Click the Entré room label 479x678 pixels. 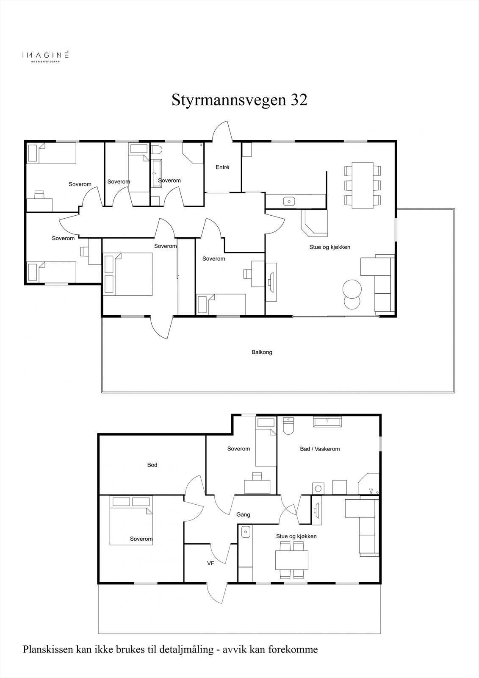222,167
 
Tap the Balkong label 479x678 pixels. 262,352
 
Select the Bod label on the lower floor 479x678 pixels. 152,465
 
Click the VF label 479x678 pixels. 210,564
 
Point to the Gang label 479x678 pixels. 243,514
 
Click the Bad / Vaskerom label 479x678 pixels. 320,449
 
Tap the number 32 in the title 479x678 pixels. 299,100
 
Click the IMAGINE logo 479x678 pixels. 45,56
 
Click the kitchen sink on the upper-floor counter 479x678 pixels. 290,201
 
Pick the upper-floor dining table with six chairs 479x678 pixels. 363,185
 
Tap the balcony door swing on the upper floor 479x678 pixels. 162,328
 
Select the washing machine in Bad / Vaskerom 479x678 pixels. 318,488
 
